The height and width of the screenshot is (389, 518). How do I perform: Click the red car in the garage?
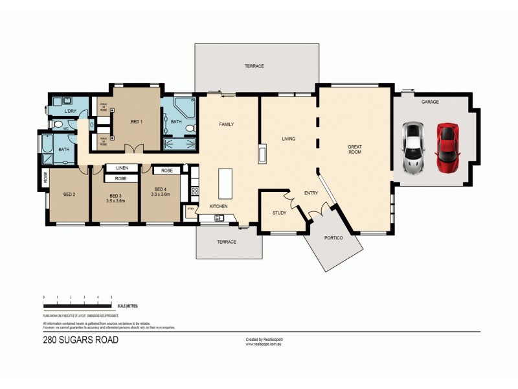447,148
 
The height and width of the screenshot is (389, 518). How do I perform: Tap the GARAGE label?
431,102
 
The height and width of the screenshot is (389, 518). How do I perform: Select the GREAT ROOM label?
354,149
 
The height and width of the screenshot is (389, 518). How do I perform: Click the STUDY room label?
279,213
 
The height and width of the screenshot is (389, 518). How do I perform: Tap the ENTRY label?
311,193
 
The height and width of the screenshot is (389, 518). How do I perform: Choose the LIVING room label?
289,139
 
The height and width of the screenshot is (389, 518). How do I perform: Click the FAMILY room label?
226,124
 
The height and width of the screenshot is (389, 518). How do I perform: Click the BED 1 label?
137,122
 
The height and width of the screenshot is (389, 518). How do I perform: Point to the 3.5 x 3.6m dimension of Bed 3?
116,201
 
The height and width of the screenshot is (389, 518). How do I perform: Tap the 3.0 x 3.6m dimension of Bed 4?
160,194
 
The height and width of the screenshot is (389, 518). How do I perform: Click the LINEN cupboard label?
122,168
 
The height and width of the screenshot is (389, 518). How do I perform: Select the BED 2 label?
69,194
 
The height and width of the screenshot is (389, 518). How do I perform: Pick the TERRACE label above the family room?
254,66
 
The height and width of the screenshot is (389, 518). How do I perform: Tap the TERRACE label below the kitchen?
226,242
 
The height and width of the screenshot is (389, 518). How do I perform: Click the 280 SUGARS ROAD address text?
80,340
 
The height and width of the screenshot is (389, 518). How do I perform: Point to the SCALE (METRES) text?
128,305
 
